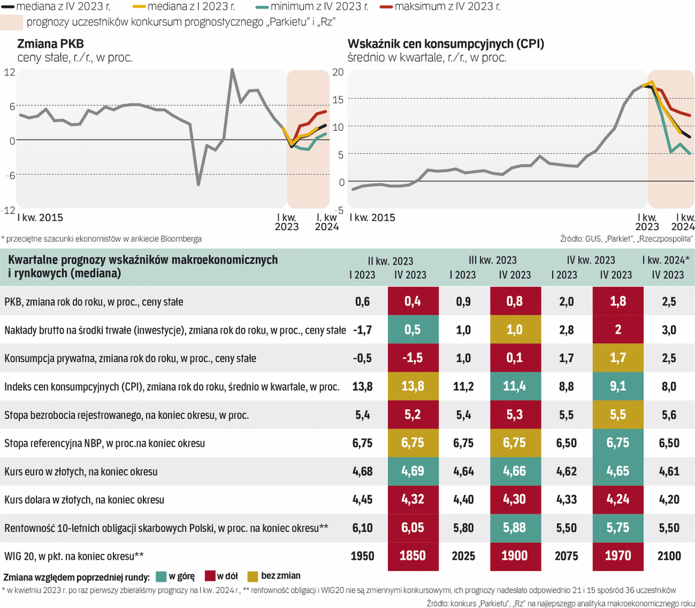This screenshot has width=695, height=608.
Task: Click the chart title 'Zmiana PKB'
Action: tap(51, 44)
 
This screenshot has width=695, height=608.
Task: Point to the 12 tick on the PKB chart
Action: tap(9, 72)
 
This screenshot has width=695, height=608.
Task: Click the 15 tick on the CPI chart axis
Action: tap(338, 100)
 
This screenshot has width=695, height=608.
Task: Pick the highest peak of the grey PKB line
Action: tap(232, 70)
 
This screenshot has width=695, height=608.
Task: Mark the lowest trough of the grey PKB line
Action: tap(198, 184)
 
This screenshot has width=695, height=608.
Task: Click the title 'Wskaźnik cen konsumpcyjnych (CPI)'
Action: tap(446, 44)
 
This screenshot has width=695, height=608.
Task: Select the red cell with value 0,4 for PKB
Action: tap(413, 301)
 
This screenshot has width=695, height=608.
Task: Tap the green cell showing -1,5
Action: tap(413, 358)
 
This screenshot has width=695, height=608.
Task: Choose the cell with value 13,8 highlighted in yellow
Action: tap(413, 386)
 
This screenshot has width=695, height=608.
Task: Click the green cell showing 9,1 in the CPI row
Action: tap(617, 386)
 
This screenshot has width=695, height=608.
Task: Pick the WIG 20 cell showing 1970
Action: tap(617, 556)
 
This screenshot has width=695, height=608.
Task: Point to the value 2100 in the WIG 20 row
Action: tap(669, 556)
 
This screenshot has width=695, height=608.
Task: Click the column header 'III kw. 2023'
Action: tap(493, 260)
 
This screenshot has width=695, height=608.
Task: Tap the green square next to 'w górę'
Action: tap(161, 576)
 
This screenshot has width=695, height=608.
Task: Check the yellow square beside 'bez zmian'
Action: tap(252, 576)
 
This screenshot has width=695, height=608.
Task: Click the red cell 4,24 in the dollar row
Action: tap(617, 499)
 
